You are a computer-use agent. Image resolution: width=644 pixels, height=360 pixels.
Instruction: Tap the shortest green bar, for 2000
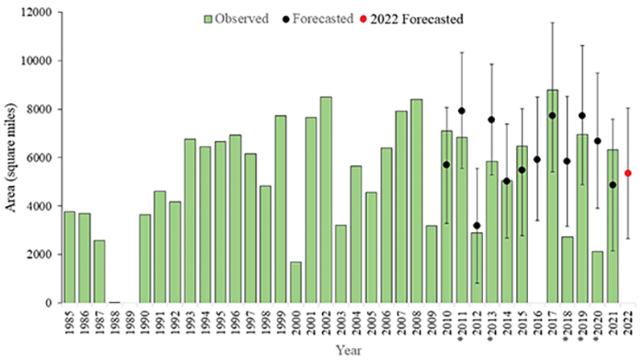(x=296, y=282)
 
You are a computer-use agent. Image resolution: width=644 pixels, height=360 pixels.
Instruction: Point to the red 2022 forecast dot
(x=628, y=173)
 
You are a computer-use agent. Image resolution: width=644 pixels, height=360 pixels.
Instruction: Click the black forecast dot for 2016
(x=537, y=159)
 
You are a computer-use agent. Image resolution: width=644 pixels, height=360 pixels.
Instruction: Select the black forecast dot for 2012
(x=477, y=226)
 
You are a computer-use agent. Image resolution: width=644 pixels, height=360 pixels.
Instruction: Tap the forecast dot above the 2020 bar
(x=598, y=141)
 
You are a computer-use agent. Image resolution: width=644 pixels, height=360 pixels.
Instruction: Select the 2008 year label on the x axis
(x=417, y=322)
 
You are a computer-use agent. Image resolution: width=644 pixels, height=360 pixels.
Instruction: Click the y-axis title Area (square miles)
(x=10, y=158)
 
